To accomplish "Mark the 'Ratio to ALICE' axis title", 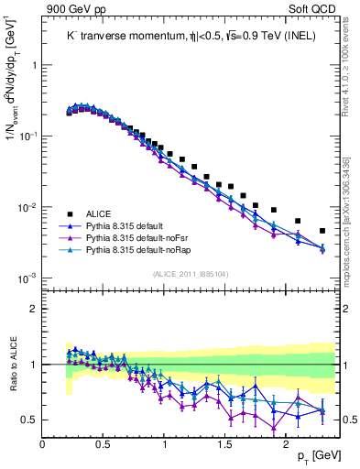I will pyautogui.click(x=13, y=364).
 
